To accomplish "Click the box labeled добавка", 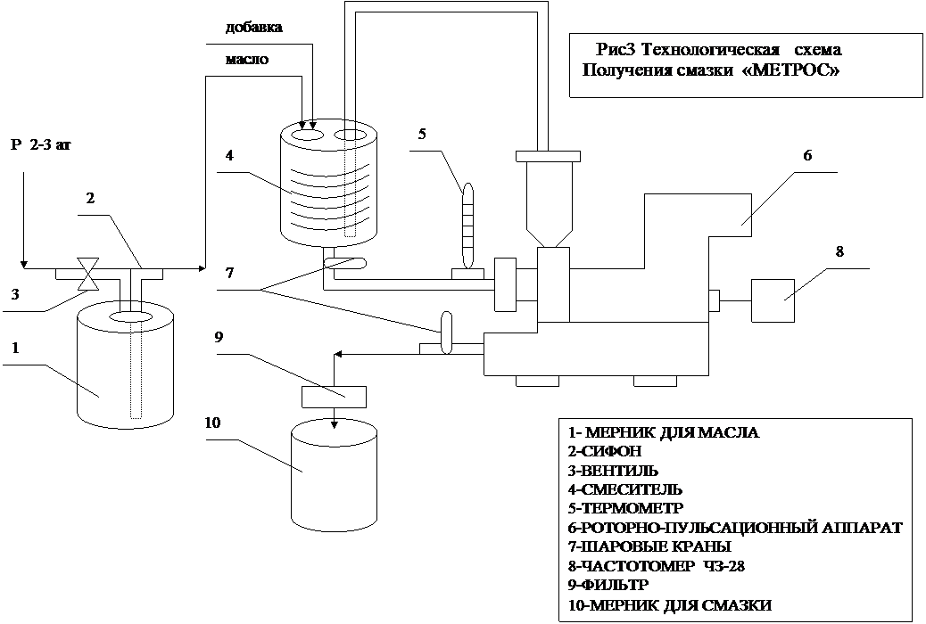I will (x=259, y=28).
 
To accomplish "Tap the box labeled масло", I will (x=263, y=61).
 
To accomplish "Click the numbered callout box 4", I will (x=231, y=156).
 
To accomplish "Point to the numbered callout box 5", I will (x=423, y=135).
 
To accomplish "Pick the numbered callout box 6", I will (x=809, y=155).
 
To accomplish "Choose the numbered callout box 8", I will (x=840, y=252).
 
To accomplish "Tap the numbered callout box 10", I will (x=216, y=423).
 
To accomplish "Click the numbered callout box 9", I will (x=220, y=337).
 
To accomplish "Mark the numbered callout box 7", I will (x=231, y=273).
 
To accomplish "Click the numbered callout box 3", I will (x=17, y=296).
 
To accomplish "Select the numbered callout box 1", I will (x=22, y=348).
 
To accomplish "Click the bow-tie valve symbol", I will (x=87, y=274).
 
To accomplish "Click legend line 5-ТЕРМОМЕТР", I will (x=624, y=508).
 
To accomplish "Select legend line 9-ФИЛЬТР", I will (x=608, y=585).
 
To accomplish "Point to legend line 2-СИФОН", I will (x=604, y=452).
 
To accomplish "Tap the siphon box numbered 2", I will (x=97, y=204).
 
